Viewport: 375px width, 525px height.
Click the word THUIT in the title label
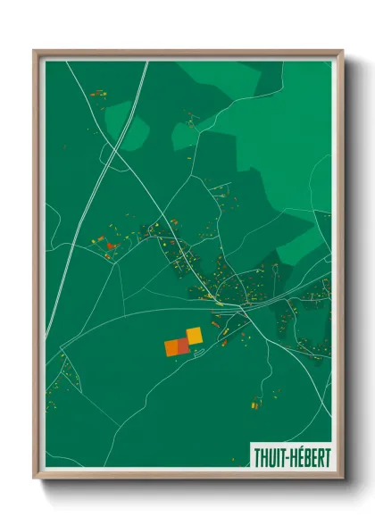(266, 456)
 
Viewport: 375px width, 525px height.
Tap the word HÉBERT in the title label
(308, 456)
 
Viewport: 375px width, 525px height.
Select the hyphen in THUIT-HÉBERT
(286, 457)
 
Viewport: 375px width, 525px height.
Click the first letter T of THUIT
(254, 456)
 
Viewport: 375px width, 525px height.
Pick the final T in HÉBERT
(326, 456)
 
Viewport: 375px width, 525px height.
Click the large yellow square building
(195, 336)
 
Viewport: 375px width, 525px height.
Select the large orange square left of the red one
(172, 346)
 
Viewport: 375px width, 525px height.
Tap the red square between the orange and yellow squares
(183, 344)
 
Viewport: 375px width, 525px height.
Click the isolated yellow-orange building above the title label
(255, 405)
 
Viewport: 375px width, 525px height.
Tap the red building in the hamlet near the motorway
(111, 244)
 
